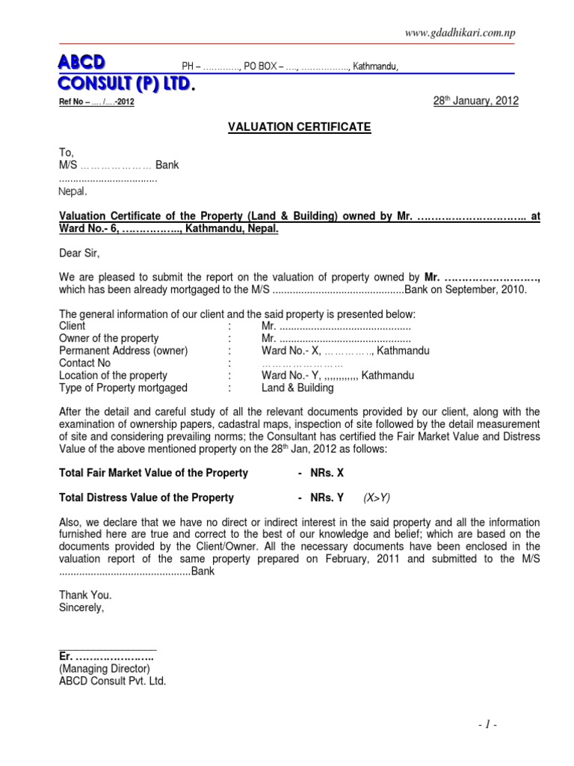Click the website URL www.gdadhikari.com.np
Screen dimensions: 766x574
click(x=460, y=32)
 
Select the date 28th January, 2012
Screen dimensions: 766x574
click(x=475, y=101)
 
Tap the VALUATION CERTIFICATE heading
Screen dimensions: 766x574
click(x=288, y=127)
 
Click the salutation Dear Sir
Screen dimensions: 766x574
click(x=79, y=254)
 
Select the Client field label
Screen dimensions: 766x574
click(x=72, y=326)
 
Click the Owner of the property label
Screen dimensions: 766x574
click(x=108, y=339)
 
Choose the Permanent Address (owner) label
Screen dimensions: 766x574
click(x=123, y=351)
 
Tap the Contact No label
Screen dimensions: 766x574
click(x=84, y=364)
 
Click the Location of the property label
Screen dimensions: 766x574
click(x=113, y=376)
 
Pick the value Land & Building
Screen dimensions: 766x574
click(x=297, y=388)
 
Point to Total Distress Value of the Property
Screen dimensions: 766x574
click(x=146, y=497)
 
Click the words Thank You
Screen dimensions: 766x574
click(x=85, y=595)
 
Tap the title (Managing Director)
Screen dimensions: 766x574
click(x=105, y=669)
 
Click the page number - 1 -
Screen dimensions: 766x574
click(x=486, y=725)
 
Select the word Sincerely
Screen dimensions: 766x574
click(x=82, y=607)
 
